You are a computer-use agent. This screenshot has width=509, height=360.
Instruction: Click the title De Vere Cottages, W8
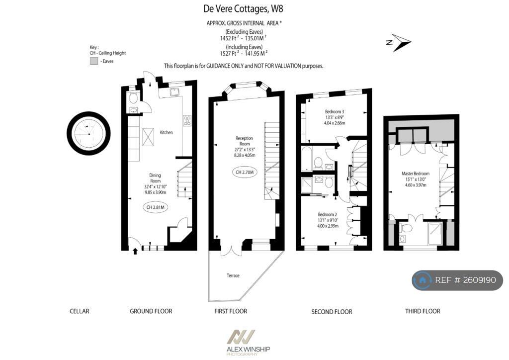point(244,8)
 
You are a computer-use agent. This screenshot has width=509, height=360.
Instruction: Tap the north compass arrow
point(399,43)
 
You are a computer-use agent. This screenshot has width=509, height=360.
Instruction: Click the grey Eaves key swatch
point(93,61)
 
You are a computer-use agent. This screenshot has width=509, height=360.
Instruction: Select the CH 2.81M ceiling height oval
point(156,207)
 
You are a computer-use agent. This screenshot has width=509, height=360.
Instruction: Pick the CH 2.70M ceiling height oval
point(244,172)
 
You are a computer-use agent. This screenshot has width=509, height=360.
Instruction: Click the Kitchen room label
point(167,132)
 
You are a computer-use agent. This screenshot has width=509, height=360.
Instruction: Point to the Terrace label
point(233,275)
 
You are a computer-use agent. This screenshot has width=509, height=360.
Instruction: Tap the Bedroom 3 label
point(335,111)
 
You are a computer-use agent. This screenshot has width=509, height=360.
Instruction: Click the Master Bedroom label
point(415,174)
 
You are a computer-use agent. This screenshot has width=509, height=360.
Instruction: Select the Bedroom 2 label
point(328,215)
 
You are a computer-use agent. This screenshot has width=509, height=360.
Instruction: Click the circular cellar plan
point(88,133)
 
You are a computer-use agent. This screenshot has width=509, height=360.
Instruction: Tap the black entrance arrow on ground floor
point(135,251)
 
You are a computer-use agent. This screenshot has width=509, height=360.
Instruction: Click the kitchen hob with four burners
point(187,120)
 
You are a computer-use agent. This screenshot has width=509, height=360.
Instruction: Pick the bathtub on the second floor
point(307,158)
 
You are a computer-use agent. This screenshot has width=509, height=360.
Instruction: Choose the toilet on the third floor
point(406,228)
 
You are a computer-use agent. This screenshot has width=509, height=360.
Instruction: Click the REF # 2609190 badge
point(457,280)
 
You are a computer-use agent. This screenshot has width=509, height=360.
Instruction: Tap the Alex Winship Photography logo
point(248,343)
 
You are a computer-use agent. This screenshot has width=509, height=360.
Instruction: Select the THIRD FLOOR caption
point(422,311)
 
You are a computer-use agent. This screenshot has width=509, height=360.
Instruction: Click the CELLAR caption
point(79,311)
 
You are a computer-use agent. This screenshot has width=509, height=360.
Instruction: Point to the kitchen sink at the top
point(174,92)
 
